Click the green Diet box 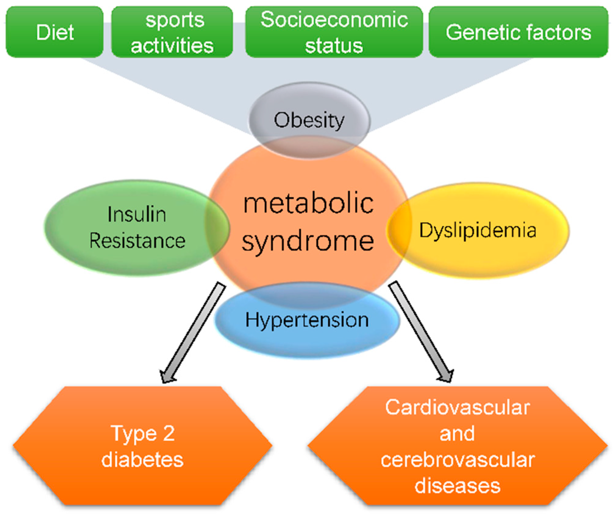(x=55, y=32)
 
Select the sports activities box (x=172, y=32)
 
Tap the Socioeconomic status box (x=334, y=32)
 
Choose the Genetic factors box (x=518, y=32)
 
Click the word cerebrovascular (x=457, y=459)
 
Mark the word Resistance (x=137, y=241)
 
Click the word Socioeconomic (x=334, y=20)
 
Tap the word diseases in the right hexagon (x=457, y=486)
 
